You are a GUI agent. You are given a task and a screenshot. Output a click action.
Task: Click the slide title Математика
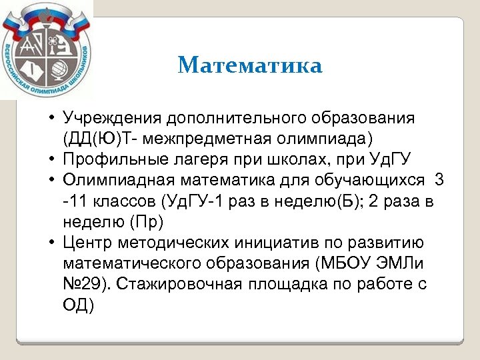(250, 65)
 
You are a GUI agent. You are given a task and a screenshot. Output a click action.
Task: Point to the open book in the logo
(32, 71)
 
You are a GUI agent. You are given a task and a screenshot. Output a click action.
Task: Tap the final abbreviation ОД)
(79, 304)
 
